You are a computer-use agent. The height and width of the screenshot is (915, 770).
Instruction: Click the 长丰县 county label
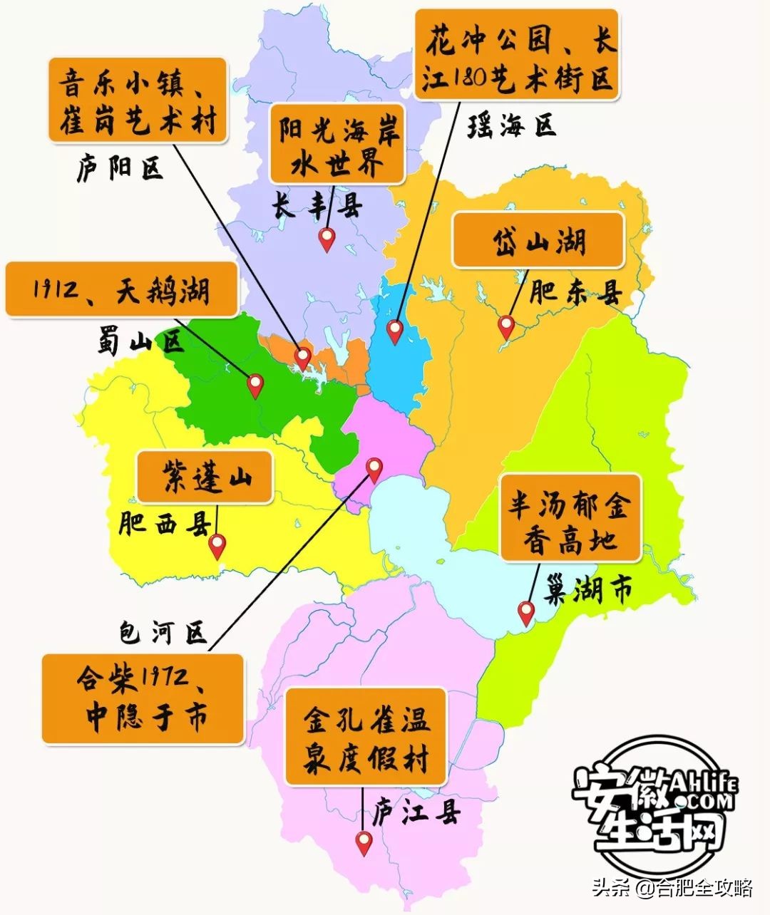click(317, 206)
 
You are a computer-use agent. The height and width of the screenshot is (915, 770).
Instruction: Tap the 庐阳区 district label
click(120, 169)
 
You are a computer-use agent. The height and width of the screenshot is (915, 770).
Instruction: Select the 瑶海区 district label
click(511, 126)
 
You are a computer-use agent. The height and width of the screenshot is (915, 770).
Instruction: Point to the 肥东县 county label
click(576, 292)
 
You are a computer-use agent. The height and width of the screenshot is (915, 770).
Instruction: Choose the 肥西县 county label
click(165, 524)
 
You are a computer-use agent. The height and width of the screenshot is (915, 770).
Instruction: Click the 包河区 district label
click(163, 631)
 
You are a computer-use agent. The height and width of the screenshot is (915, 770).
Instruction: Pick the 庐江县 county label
click(417, 812)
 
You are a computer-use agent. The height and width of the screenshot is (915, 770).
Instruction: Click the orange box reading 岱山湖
click(538, 241)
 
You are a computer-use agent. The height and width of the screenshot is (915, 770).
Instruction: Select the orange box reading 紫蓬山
click(205, 477)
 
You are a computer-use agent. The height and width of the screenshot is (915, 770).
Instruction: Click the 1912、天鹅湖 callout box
click(121, 289)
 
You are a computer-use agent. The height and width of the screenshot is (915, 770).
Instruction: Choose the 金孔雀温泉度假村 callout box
click(366, 737)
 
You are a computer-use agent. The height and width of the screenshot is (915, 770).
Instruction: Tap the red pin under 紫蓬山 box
click(217, 545)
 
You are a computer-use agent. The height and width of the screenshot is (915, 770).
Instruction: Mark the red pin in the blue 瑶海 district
click(394, 330)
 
